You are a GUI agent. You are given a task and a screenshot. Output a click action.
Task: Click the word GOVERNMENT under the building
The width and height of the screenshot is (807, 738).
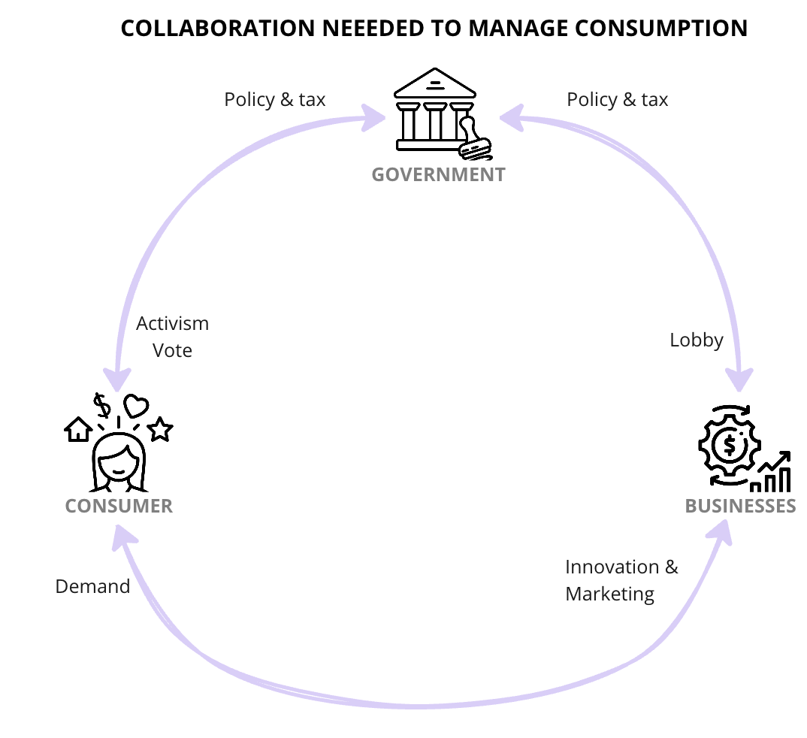(x=439, y=175)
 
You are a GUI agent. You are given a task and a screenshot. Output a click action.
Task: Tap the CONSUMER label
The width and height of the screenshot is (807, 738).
(x=119, y=506)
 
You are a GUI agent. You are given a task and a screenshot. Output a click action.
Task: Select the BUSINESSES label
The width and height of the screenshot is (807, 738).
(x=740, y=506)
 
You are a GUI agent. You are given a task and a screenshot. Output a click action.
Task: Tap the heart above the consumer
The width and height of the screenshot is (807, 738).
(x=136, y=407)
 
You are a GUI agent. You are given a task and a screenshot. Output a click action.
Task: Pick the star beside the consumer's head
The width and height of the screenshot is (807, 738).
(x=160, y=430)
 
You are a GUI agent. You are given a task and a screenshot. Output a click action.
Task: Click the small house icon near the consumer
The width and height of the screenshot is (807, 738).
(x=78, y=430)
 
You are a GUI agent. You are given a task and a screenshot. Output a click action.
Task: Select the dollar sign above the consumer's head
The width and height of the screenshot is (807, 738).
(x=102, y=406)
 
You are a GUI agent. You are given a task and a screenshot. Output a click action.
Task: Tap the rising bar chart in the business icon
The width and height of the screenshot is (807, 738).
(x=772, y=472)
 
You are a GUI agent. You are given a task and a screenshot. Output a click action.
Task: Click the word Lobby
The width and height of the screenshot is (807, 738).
(x=697, y=340)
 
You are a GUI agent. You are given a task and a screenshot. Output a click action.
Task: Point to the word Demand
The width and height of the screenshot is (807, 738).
(x=92, y=586)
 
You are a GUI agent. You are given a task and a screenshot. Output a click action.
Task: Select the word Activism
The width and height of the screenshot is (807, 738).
(x=173, y=324)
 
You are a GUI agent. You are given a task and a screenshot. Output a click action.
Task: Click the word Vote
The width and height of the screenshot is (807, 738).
(x=173, y=351)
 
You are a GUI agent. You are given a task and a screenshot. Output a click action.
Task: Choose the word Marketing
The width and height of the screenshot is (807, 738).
(x=609, y=594)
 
